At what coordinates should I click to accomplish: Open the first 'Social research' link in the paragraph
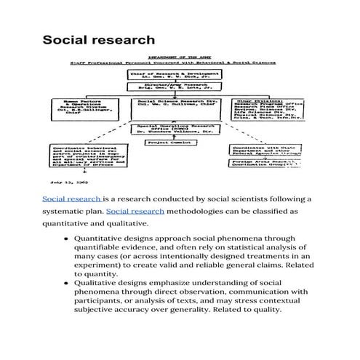(72, 199)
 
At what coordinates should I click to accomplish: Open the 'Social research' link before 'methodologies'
(135, 211)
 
